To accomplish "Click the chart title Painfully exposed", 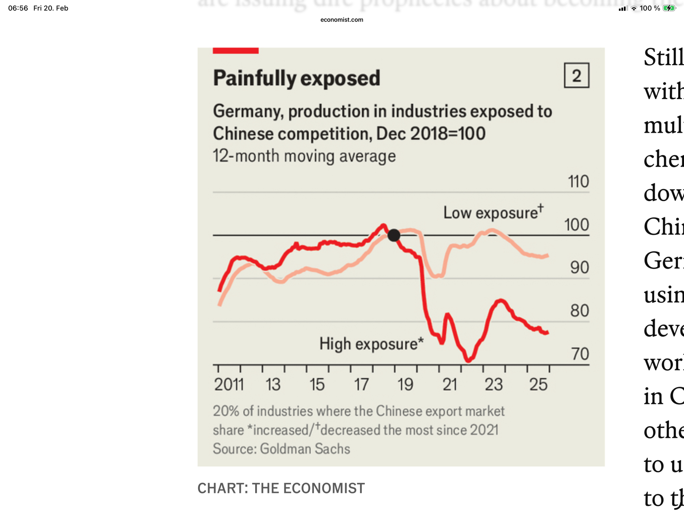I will click(x=296, y=78).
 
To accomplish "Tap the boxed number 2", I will click(x=577, y=75).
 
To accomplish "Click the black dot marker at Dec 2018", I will click(x=394, y=235).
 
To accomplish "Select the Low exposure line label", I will click(x=493, y=212).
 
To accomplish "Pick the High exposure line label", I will click(x=371, y=344).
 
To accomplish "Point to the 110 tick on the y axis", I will click(x=578, y=181).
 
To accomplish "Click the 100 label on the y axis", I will click(x=577, y=225).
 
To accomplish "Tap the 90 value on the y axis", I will click(x=579, y=267).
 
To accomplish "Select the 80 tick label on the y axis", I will click(x=579, y=311).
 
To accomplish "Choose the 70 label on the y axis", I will click(x=580, y=354).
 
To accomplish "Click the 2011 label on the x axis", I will click(x=229, y=385).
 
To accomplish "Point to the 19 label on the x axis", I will click(x=405, y=385).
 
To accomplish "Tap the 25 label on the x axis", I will click(x=538, y=385).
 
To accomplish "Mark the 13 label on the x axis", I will click(x=273, y=385).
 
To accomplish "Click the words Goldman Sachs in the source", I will click(x=305, y=449).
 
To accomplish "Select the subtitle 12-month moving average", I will click(x=304, y=156).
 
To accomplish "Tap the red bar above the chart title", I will click(x=236, y=51).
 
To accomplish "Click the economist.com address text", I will click(x=342, y=20).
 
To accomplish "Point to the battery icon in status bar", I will click(x=669, y=8).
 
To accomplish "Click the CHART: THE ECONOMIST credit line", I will click(x=281, y=488).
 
